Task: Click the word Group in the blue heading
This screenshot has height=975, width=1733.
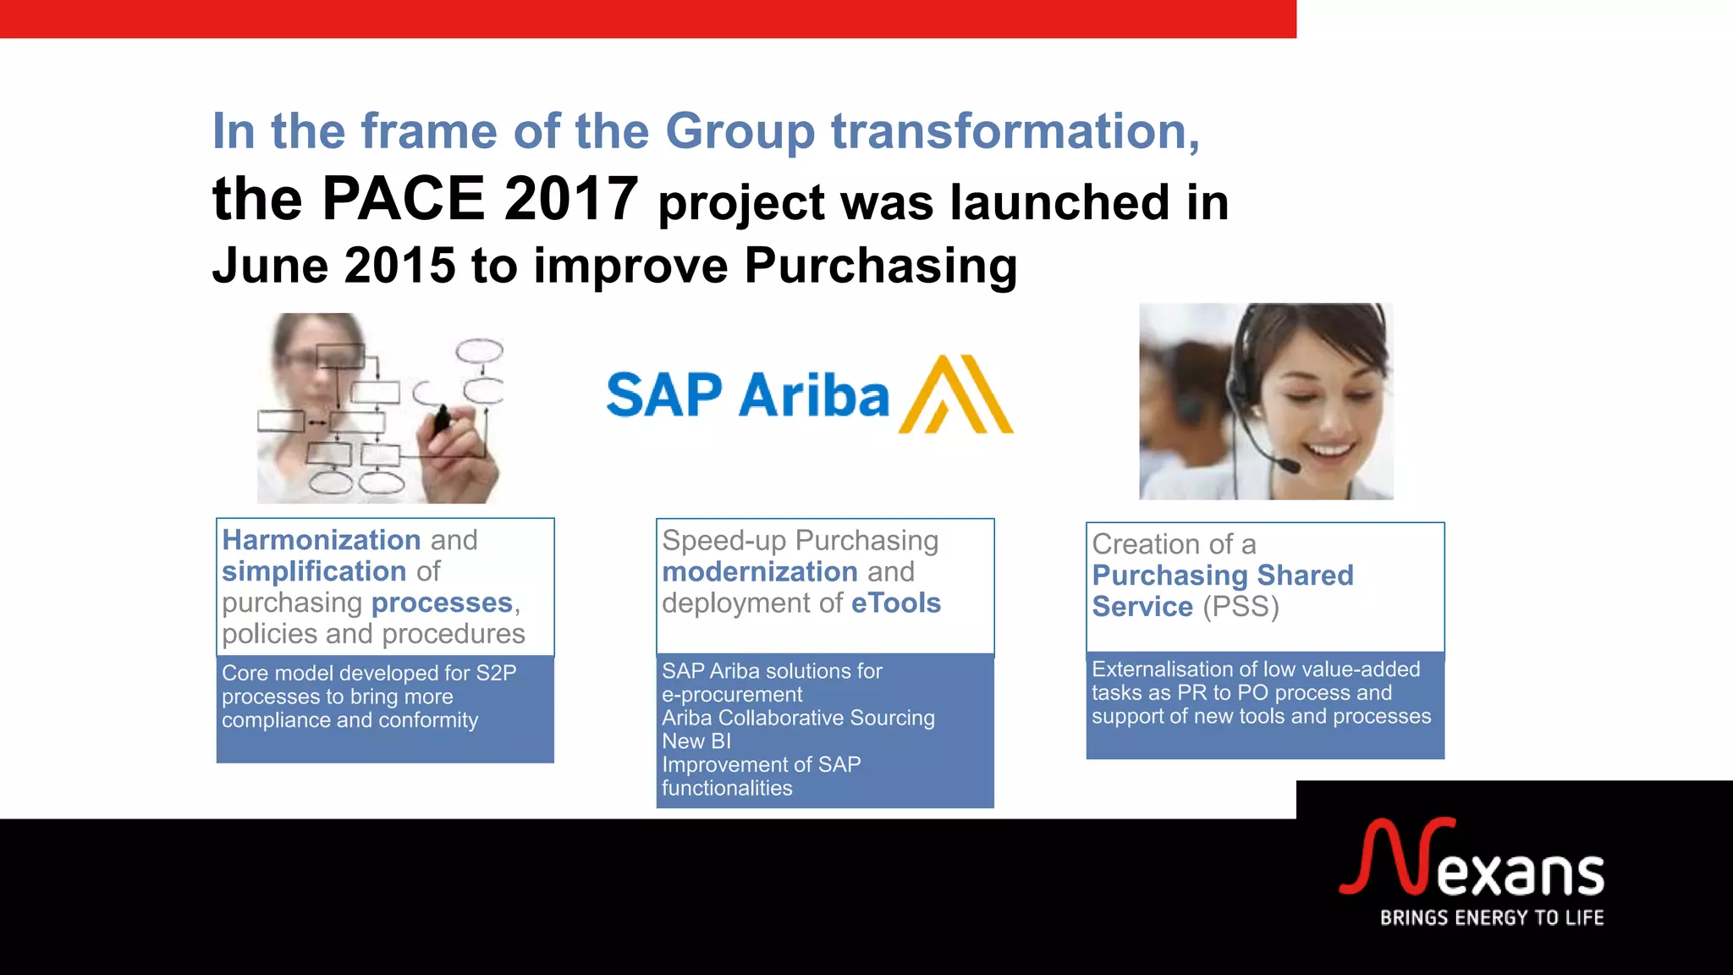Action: (740, 132)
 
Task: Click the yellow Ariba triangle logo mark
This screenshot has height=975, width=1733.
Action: (956, 395)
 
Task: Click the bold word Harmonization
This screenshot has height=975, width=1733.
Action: (321, 540)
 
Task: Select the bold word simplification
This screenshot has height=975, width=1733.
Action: (314, 571)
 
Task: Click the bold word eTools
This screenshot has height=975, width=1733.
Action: (895, 603)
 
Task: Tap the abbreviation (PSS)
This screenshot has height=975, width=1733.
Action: (1240, 607)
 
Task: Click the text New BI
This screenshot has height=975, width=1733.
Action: (696, 741)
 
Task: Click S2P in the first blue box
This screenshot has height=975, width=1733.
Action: (496, 673)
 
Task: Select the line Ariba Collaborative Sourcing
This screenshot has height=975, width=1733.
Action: (798, 718)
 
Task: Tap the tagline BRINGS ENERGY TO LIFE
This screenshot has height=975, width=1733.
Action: (1491, 918)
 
